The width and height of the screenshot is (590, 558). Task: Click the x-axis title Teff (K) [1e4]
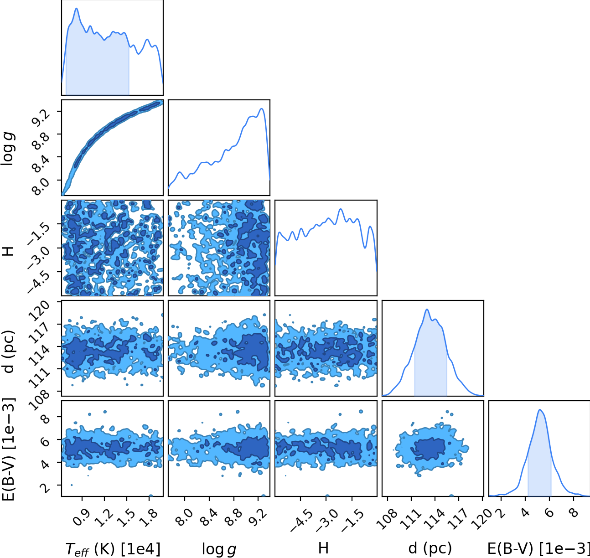pos(113,549)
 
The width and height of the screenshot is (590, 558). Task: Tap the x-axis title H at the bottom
pos(323,548)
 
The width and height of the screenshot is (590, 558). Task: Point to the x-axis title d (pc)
pos(430,548)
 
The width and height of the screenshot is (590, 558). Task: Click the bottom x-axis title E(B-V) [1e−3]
pos(538,548)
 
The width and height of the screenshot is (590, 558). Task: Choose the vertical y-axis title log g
pos(8,148)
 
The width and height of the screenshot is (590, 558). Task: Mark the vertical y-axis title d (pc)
pos(8,351)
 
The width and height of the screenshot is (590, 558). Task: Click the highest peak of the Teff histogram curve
pos(77,8)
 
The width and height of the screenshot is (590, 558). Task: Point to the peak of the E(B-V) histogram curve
pos(539,410)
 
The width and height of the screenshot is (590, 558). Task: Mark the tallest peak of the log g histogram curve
pos(262,108)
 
